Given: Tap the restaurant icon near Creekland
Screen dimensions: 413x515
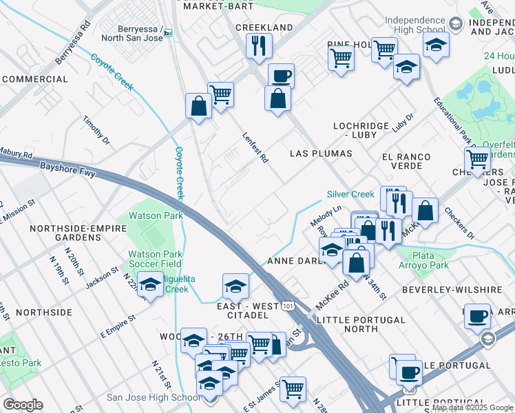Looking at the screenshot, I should pyautogui.click(x=259, y=46).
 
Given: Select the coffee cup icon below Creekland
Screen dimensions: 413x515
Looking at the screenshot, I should pyautogui.click(x=280, y=75).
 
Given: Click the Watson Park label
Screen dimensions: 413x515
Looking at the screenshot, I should pyautogui.click(x=156, y=215).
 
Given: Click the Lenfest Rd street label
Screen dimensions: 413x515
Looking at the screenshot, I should pyautogui.click(x=255, y=148).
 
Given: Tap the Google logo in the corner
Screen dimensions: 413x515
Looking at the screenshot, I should pyautogui.click(x=23, y=405).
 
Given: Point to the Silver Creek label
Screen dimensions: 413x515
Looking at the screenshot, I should pyautogui.click(x=350, y=194).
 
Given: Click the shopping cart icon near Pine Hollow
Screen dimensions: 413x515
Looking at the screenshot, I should pyautogui.click(x=341, y=59).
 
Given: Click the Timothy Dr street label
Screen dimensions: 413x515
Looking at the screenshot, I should pyautogui.click(x=96, y=130).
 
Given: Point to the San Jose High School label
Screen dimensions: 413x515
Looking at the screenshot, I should pyautogui.click(x=154, y=397).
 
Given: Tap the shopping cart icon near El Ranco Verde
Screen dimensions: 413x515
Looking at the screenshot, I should pyautogui.click(x=477, y=160).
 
